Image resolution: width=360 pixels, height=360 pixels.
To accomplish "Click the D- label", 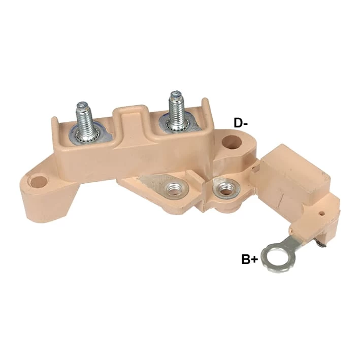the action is [x=241, y=123].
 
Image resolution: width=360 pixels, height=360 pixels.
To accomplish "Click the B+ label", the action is [x=250, y=259].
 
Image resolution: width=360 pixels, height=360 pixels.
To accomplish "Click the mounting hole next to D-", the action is [x=232, y=142].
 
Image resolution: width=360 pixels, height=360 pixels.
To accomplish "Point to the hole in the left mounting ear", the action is [x=39, y=182].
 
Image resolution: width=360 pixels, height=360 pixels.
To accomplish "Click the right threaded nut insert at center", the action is [x=225, y=188].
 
